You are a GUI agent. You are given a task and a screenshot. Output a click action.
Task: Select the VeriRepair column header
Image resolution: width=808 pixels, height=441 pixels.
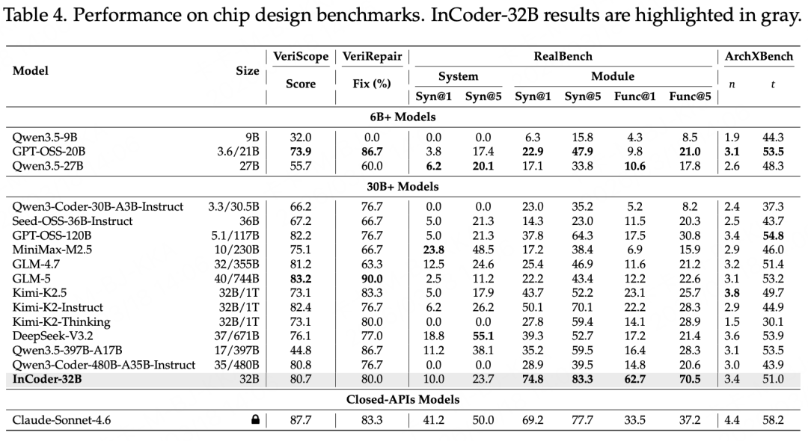click(371, 57)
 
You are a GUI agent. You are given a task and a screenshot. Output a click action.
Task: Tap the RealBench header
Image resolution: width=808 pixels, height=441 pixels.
click(563, 57)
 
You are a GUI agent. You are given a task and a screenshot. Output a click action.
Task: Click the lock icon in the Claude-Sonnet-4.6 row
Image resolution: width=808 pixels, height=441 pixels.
click(255, 421)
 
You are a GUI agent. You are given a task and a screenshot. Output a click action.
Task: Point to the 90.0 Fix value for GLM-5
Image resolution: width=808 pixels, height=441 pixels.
click(371, 279)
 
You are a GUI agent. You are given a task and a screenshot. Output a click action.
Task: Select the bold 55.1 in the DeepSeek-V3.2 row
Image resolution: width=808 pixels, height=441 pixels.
click(479, 336)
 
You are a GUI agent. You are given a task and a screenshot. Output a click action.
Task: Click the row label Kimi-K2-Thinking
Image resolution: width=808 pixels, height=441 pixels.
click(61, 321)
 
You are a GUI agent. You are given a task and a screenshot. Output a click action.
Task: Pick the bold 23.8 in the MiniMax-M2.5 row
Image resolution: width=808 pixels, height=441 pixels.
click(433, 250)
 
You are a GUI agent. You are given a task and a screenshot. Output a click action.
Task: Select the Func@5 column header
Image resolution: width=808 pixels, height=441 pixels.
click(690, 96)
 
